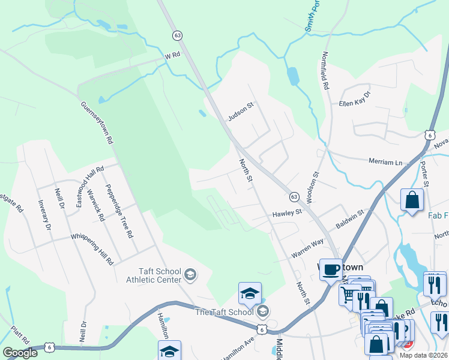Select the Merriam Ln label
[385, 162]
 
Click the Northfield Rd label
[325, 70]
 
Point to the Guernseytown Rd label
[97, 122]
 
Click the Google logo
[20, 353]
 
